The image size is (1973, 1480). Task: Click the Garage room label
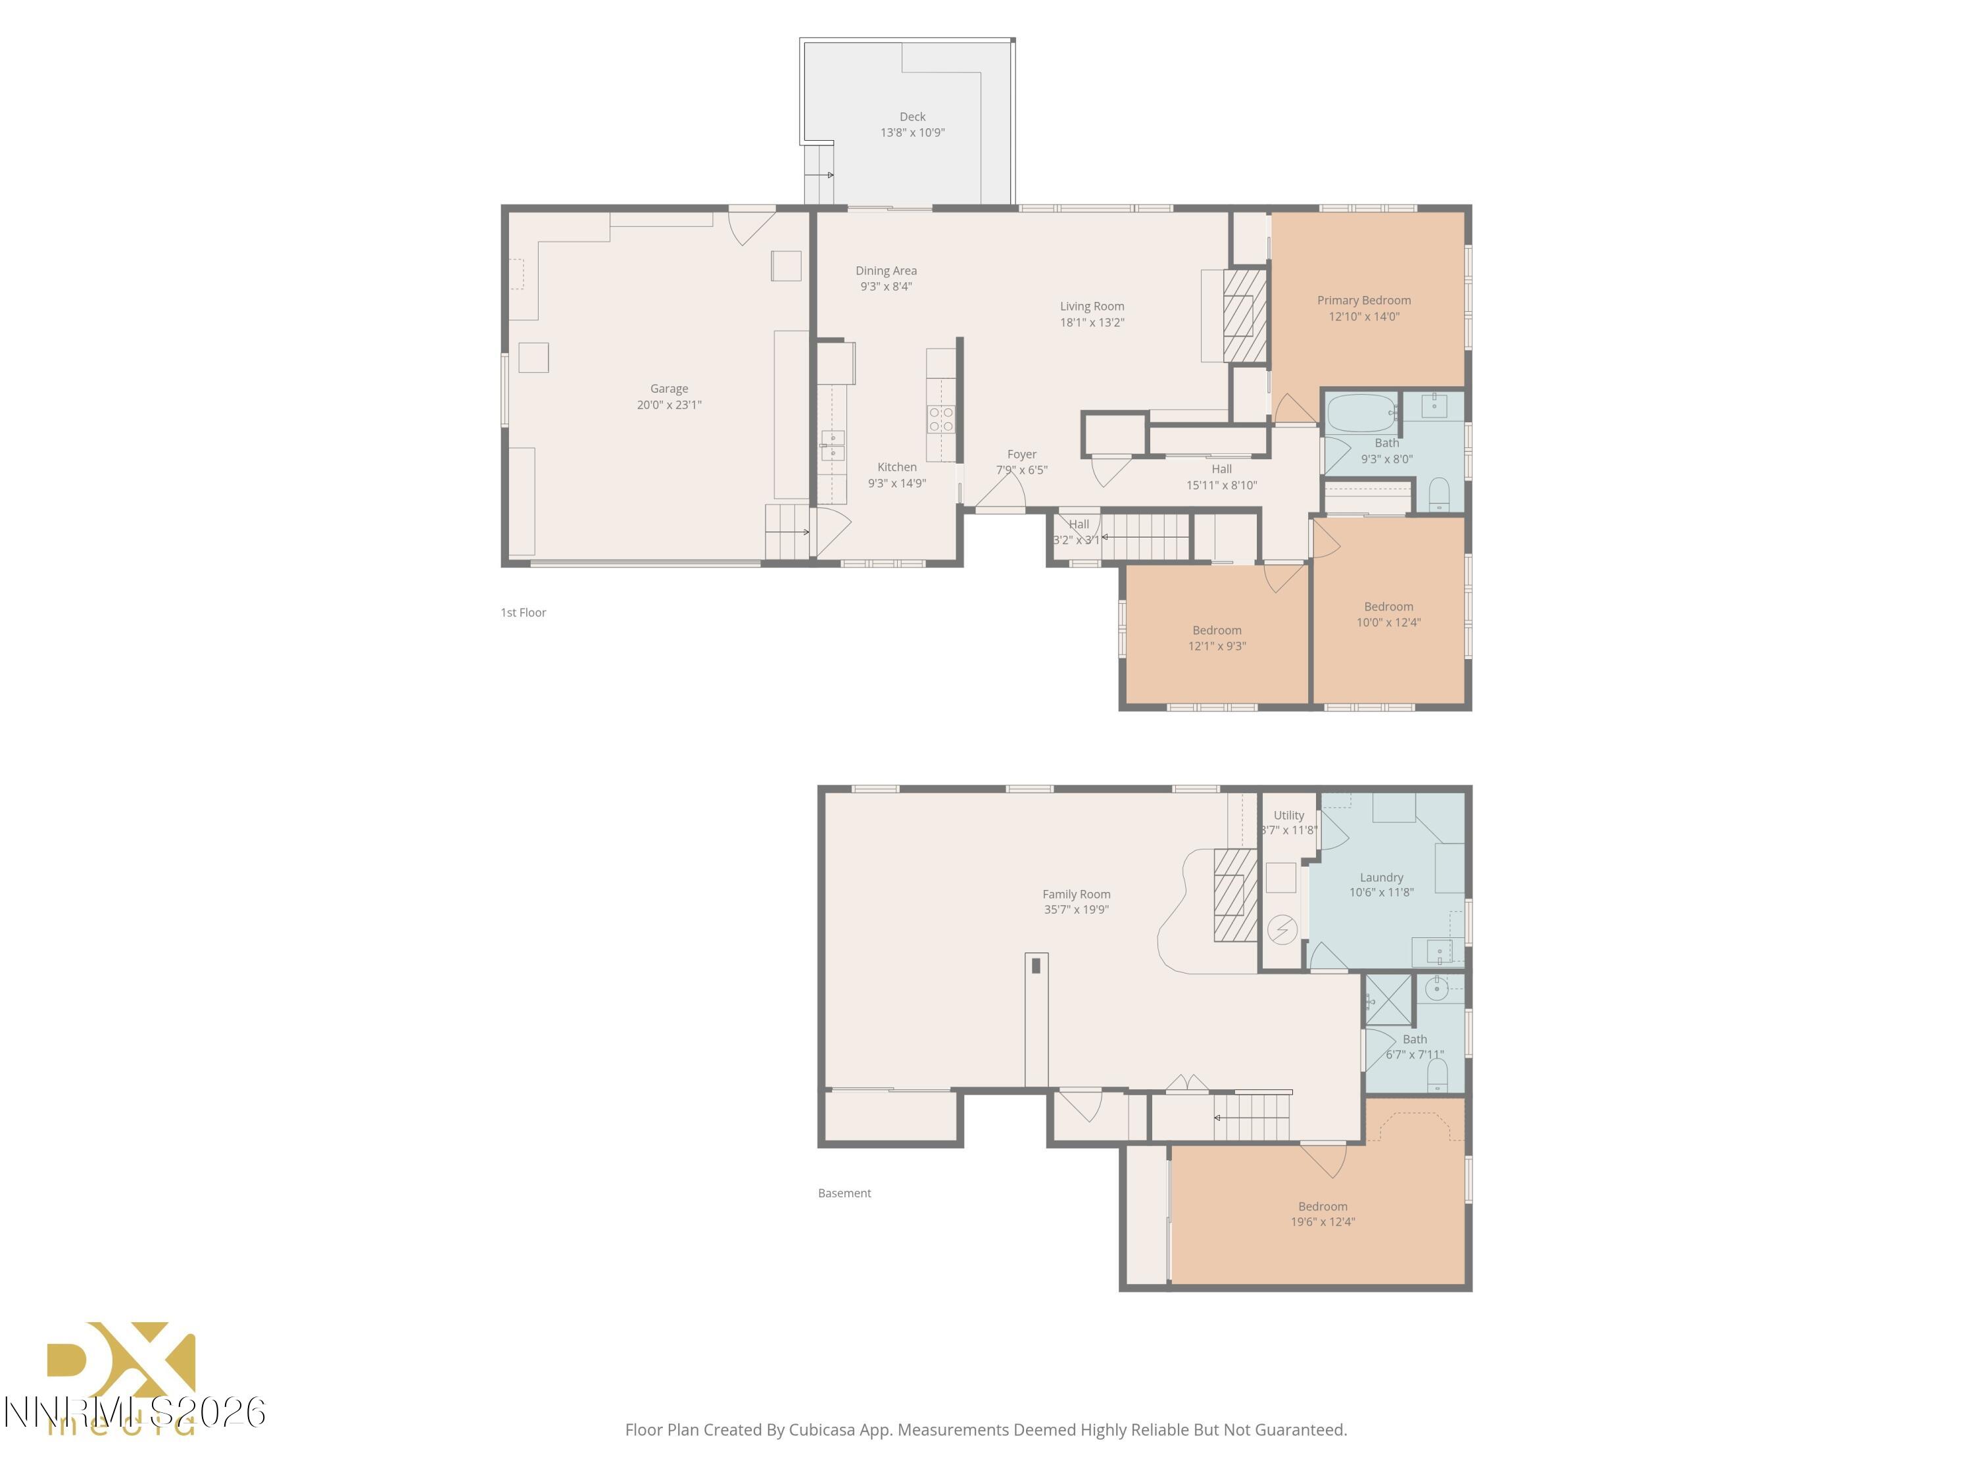(669, 389)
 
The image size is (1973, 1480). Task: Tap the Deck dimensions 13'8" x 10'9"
(912, 133)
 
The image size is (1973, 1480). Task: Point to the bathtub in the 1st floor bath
(1361, 414)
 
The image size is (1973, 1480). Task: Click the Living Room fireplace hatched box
(1244, 315)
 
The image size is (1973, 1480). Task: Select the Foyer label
(1021, 454)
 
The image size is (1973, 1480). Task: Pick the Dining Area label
(886, 270)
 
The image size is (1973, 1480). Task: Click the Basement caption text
(844, 1193)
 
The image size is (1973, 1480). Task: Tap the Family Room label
(1076, 894)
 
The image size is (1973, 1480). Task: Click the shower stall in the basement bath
(1389, 1000)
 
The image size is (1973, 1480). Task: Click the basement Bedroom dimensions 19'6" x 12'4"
(1322, 1222)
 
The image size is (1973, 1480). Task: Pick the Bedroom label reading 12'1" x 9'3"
(1217, 631)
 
